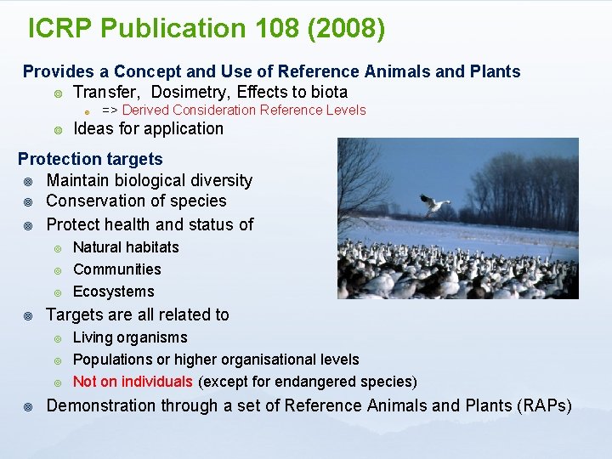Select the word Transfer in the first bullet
[107, 92]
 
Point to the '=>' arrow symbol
[110, 110]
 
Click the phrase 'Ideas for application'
[149, 129]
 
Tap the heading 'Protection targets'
[90, 159]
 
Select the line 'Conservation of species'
[136, 201]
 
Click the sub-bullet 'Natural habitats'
[126, 247]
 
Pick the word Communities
[117, 269]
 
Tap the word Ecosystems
[114, 292]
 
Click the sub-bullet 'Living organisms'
[130, 337]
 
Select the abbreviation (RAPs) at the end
[544, 406]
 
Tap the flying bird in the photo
[434, 204]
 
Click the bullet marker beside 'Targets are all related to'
[28, 315]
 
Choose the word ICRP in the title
[60, 29]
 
